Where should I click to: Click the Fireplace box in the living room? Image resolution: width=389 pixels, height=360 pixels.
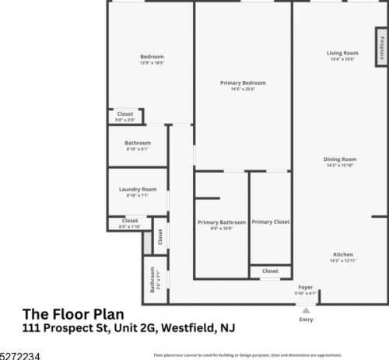coord(381,48)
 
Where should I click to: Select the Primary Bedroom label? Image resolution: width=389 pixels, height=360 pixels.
coord(242,83)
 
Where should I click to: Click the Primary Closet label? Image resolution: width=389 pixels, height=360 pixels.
coord(270,222)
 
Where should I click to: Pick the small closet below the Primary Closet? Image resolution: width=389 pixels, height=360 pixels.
coord(270,271)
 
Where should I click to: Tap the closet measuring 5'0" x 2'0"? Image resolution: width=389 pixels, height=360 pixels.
coord(124,117)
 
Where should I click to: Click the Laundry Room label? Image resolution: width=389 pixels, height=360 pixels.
coord(138,191)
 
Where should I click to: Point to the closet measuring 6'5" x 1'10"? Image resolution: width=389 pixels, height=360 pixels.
coord(130,223)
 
